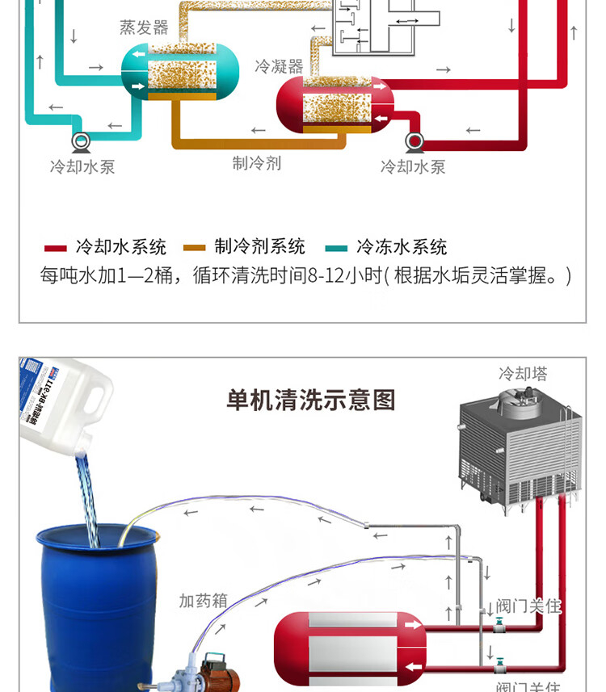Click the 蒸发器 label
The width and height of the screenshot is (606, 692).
(144, 27)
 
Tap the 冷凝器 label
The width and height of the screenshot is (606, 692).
(279, 65)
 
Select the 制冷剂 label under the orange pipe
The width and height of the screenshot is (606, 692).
(257, 163)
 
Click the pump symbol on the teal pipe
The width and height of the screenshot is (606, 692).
(82, 142)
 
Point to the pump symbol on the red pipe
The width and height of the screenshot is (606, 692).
(415, 142)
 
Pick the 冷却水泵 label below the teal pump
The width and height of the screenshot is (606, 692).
(82, 167)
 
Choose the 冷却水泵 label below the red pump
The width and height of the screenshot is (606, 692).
(413, 167)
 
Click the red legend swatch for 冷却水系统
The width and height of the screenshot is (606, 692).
(55, 247)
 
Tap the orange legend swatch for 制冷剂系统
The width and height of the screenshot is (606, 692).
(195, 247)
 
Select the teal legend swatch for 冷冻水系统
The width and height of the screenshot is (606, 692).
(336, 247)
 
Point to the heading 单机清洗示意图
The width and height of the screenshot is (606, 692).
(311, 400)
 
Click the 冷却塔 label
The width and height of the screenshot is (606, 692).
(523, 374)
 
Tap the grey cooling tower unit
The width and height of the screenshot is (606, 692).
(520, 448)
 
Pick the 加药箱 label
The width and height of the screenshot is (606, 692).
(203, 601)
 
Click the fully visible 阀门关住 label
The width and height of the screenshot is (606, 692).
(529, 606)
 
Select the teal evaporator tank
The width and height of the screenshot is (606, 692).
(179, 73)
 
